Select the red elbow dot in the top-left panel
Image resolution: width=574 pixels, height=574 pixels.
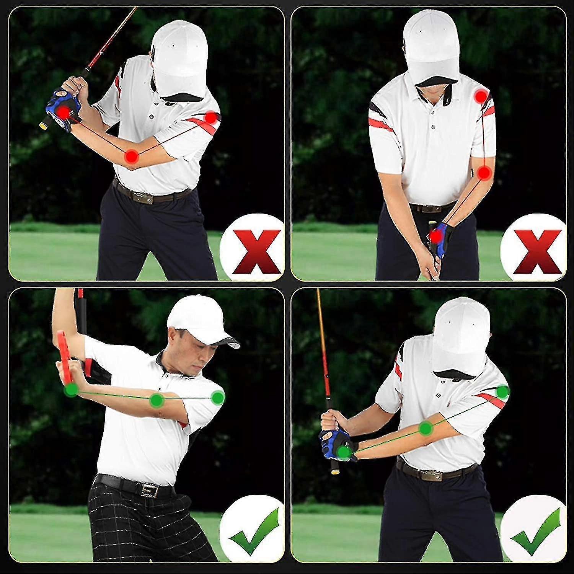pos(132,156)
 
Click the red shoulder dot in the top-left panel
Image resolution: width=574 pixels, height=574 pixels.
pos(210,118)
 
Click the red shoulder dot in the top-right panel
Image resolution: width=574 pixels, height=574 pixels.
pos(481,96)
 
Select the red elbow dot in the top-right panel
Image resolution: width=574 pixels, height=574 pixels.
pos(485,173)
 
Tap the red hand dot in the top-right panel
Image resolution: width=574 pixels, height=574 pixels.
pos(435,236)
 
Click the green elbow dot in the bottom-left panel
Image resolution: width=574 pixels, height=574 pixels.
pos(155,400)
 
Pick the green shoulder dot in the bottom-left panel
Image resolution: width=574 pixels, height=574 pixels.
pos(218,398)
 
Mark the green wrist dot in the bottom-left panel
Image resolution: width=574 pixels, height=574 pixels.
pos(71,390)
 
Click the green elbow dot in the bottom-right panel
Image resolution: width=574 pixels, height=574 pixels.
pos(425,428)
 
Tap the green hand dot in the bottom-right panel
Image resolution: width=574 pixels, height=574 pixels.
pos(344,452)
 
